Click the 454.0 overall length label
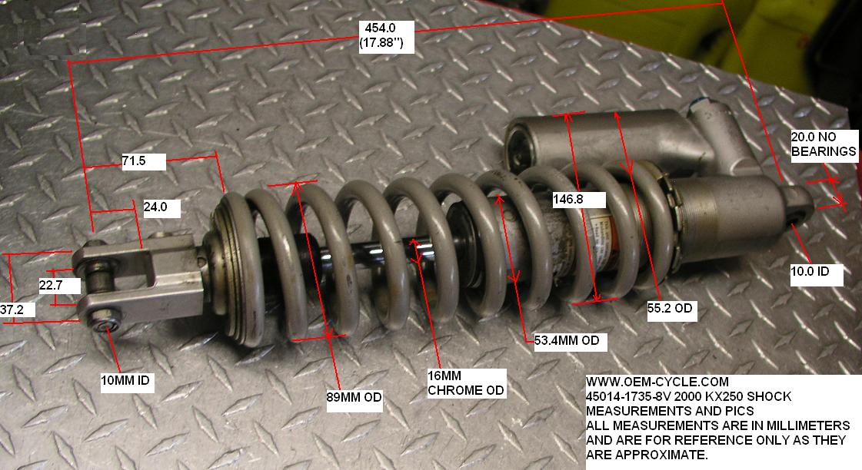coord(386,36)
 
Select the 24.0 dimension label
coord(161,207)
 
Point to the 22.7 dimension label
coord(59,285)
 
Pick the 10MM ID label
coord(127,379)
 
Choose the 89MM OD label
coord(354,397)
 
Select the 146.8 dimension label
coord(579,200)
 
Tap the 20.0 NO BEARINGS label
coord(824,144)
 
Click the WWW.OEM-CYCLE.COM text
coord(657,382)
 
